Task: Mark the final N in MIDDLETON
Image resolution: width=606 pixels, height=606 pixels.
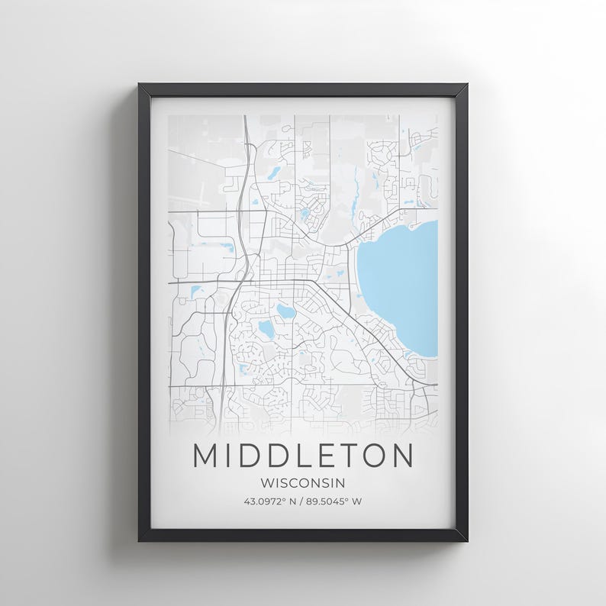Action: click(x=401, y=456)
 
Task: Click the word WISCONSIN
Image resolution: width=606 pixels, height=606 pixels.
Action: click(x=302, y=482)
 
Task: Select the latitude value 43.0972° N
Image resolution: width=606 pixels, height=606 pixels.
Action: click(x=270, y=501)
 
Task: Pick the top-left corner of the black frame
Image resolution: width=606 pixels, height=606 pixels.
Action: click(x=140, y=85)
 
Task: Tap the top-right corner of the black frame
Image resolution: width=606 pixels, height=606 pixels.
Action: click(x=466, y=85)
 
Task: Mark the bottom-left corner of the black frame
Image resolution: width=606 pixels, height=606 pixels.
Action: click(x=140, y=540)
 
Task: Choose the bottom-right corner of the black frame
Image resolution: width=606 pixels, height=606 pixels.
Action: click(x=466, y=540)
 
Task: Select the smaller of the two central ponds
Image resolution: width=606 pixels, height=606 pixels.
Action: click(x=285, y=311)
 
